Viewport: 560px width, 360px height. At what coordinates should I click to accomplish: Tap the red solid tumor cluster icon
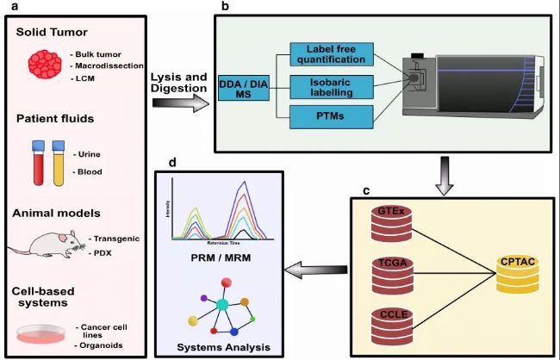pos(47,65)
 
